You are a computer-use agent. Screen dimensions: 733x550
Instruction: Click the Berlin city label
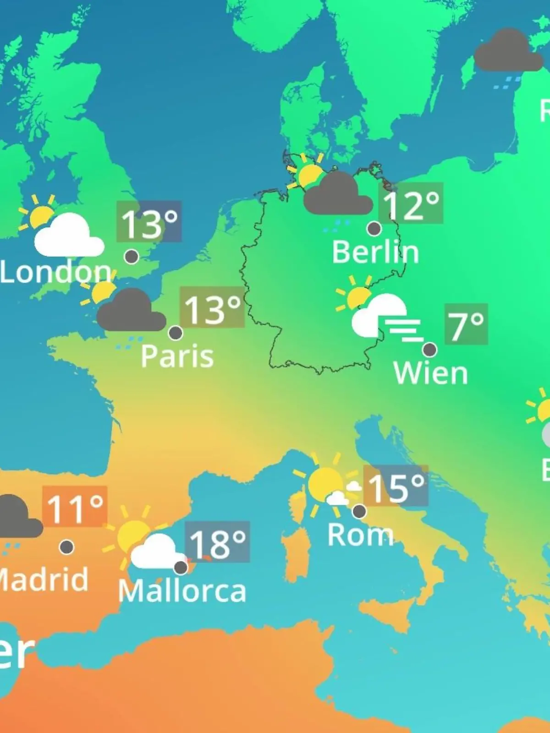tap(375, 252)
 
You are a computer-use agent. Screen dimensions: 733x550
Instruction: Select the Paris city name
tap(177, 356)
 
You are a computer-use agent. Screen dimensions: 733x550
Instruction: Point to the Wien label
tap(430, 373)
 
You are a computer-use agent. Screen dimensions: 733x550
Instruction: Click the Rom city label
tap(360, 535)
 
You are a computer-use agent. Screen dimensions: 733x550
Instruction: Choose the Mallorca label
tap(182, 591)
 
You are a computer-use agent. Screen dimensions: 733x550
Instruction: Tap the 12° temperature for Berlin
tap(411, 204)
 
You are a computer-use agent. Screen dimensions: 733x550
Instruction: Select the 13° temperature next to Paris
tap(212, 308)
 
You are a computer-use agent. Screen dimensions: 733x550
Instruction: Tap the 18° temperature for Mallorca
tap(217, 543)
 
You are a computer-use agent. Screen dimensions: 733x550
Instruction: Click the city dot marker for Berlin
tap(374, 228)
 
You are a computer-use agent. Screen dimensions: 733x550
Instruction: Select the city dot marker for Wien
tap(429, 350)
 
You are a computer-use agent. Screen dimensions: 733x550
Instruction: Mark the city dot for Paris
tap(176, 333)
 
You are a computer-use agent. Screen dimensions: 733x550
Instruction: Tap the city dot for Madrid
tap(67, 547)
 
